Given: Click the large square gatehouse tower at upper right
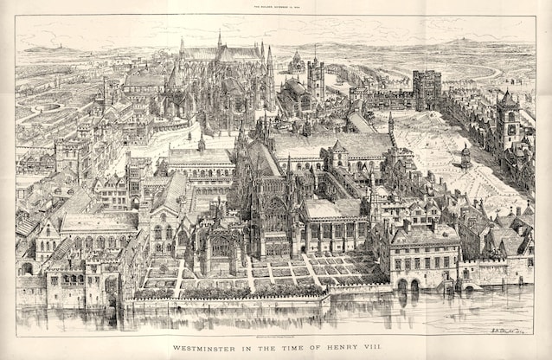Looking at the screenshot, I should [x=427, y=90].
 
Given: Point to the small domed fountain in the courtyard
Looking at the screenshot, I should [x=465, y=156].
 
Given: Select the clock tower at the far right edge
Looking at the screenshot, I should [x=507, y=112].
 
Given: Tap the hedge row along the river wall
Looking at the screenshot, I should [x=225, y=294].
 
